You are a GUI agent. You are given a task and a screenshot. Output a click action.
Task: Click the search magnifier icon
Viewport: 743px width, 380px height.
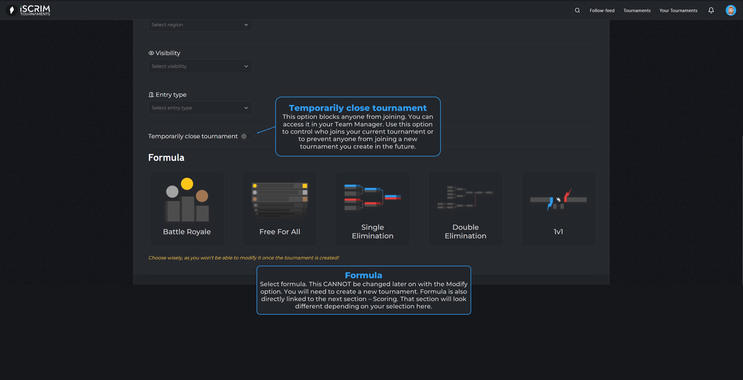click(x=577, y=10)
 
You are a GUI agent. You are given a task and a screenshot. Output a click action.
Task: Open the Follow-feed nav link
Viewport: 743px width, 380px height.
click(x=602, y=10)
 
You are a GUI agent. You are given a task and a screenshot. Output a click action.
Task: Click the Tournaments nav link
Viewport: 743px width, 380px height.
click(x=637, y=10)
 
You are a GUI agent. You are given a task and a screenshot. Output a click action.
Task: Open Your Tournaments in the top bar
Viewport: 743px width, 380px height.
click(x=678, y=10)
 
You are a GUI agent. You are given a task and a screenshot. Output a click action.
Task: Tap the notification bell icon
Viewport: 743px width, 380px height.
click(x=711, y=10)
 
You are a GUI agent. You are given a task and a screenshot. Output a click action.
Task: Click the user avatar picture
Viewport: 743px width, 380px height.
click(x=731, y=10)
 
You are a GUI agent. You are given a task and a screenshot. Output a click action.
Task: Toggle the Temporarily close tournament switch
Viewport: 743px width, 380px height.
click(x=247, y=136)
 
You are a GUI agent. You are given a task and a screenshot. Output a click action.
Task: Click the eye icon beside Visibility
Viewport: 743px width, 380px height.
click(x=151, y=53)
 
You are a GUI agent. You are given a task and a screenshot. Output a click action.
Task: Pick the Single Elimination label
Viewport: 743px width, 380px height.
click(x=372, y=231)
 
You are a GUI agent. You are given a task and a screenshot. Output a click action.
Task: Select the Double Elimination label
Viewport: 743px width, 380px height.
click(x=465, y=231)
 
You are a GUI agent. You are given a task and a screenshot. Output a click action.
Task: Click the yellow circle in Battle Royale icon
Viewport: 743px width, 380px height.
click(x=187, y=184)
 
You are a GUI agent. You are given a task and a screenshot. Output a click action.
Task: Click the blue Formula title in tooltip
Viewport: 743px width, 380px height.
click(x=363, y=275)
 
